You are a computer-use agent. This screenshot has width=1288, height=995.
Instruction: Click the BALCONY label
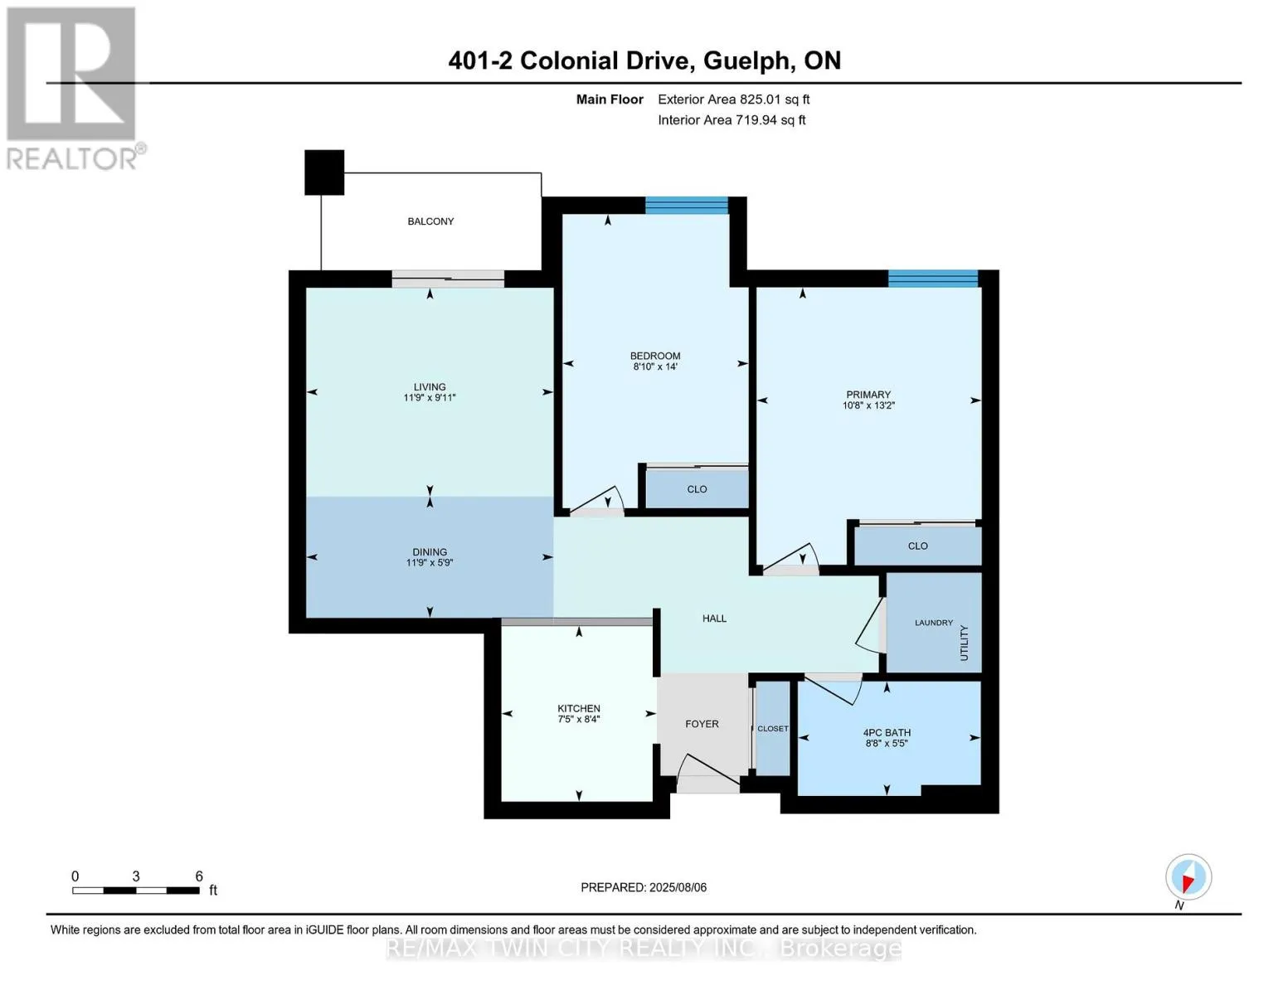[430, 221]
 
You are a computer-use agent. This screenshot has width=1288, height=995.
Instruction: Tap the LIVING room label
[430, 387]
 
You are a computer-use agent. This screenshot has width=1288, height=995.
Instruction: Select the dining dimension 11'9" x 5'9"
[430, 562]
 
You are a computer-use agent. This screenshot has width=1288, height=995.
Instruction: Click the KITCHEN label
[579, 708]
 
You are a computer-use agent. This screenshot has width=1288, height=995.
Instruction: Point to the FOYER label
[702, 724]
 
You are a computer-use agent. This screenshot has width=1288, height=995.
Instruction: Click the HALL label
[714, 618]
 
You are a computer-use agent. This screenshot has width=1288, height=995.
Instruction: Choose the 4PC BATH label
[887, 732]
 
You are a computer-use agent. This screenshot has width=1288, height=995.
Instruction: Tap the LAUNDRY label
[934, 622]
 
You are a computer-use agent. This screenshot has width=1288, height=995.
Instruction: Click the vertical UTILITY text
[964, 643]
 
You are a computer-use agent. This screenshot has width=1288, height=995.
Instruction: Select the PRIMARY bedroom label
[868, 395]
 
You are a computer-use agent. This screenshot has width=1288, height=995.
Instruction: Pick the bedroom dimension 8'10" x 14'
[655, 366]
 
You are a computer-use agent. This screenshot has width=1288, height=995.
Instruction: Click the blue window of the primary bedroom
[933, 279]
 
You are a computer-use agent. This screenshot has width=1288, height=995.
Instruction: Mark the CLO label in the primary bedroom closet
[917, 546]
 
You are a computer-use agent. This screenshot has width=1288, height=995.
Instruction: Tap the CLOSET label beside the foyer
[773, 728]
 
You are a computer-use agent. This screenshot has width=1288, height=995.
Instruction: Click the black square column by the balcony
[324, 172]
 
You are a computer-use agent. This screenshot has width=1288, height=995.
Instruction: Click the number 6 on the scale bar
[199, 876]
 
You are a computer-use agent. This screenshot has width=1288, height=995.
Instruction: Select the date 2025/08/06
[678, 887]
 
